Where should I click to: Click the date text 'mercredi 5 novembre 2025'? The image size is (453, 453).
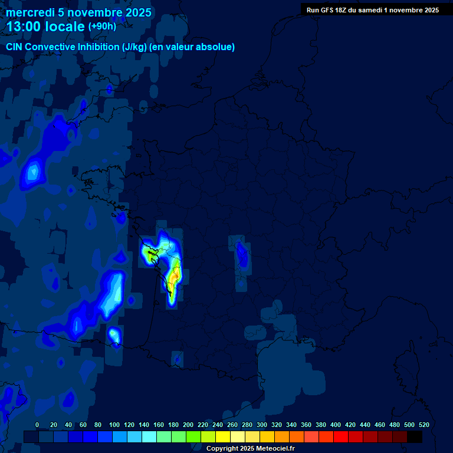pyautogui.click(x=78, y=12)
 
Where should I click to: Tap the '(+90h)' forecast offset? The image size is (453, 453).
pyautogui.click(x=102, y=27)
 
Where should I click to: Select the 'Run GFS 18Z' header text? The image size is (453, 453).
pyautogui.click(x=330, y=10)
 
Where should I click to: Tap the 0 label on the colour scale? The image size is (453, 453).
pyautogui.click(x=37, y=425)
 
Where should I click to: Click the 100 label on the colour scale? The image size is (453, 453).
pyautogui.click(x=114, y=425)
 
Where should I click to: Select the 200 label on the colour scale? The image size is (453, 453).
pyautogui.click(x=188, y=425)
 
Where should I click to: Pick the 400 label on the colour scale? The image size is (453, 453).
pyautogui.click(x=336, y=425)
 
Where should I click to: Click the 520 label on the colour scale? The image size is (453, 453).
pyautogui.click(x=424, y=425)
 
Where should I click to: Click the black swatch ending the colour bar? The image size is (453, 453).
pyautogui.click(x=415, y=436)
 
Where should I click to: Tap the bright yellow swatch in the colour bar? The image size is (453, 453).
pyautogui.click(x=223, y=436)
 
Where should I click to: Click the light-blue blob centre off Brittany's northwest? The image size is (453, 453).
pyautogui.click(x=33, y=172)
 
